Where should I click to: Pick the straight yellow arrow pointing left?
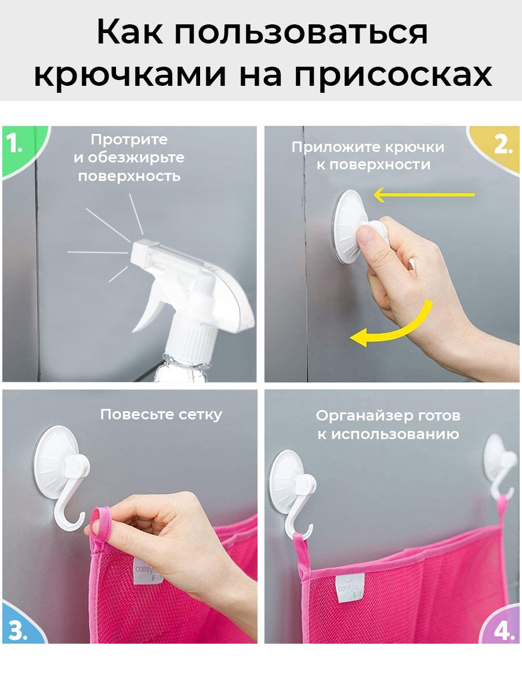423,195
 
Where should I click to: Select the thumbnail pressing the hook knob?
366,237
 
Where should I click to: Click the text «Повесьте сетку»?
161,415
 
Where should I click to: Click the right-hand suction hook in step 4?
499,464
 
